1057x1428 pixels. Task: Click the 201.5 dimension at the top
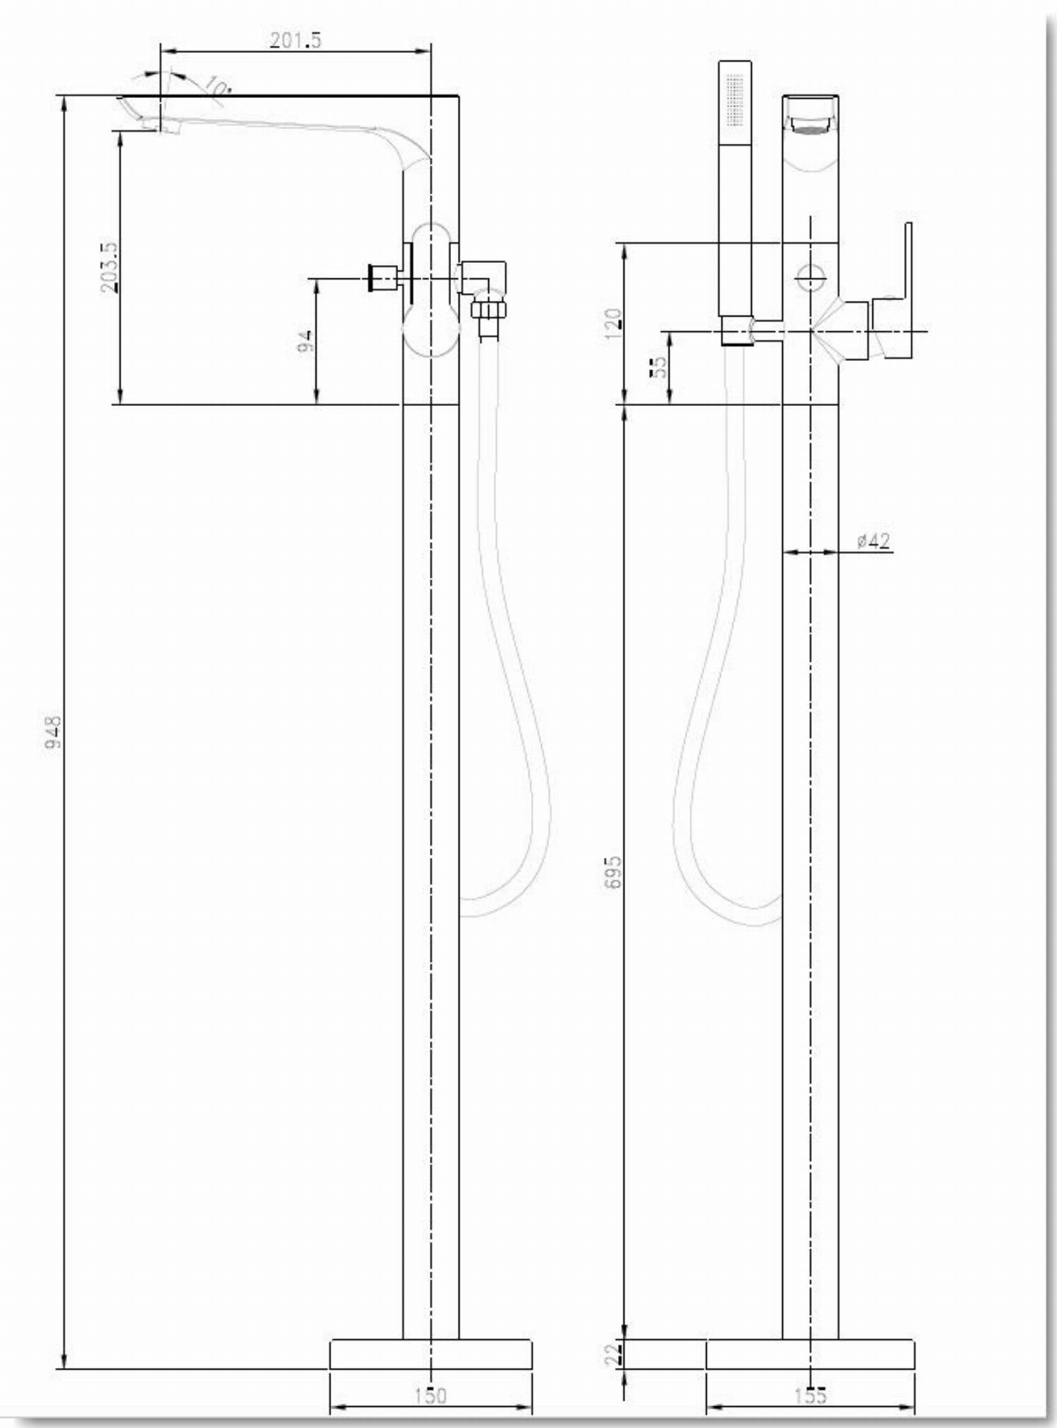(x=295, y=40)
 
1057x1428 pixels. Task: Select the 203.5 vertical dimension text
(x=109, y=267)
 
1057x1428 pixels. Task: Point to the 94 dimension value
(x=305, y=342)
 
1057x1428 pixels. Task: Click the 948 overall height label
(x=53, y=732)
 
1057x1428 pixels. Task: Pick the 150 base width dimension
(x=431, y=1395)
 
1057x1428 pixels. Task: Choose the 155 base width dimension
(x=810, y=1395)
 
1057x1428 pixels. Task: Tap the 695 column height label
(x=614, y=871)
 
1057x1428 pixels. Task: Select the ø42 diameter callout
(x=874, y=541)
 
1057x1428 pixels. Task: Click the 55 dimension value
(x=658, y=367)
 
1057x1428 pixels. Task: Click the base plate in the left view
(x=431, y=1353)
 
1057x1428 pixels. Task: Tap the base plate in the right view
(x=810, y=1353)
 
